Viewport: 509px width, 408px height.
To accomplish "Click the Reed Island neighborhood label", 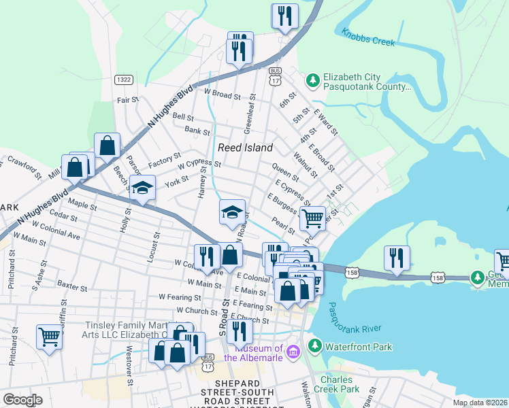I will coord(245,148).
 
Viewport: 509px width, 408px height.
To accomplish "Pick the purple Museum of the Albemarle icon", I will coord(293,352).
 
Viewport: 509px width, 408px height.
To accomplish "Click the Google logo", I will coord(22,400).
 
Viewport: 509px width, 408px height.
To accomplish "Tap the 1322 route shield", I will coord(123,80).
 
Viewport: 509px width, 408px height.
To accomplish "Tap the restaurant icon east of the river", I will coord(397,257).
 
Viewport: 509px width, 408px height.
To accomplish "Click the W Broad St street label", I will coord(223,93).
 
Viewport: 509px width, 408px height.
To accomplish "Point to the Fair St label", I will coord(127,100).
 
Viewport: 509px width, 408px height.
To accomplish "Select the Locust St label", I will coord(155,248).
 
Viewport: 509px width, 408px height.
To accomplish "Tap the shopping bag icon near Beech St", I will coord(108,145).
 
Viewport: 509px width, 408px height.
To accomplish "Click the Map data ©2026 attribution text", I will coord(480,402).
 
